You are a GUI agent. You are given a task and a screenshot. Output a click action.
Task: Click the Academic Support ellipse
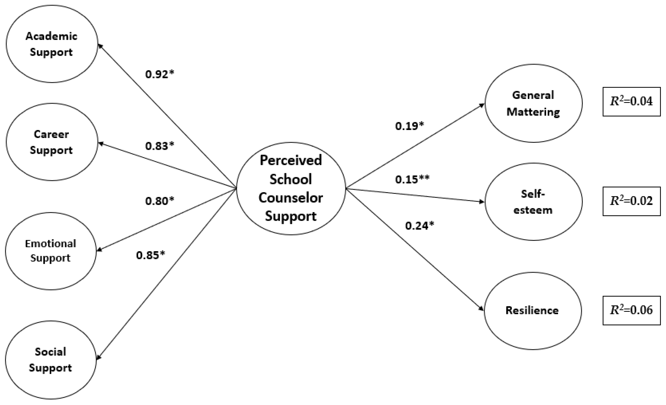pos(52,44)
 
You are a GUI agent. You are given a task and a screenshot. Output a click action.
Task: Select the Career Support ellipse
pos(52,142)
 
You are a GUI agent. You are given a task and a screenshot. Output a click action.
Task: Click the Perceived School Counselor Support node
pos(291,188)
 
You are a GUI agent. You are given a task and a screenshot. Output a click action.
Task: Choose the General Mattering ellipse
pos(533,103)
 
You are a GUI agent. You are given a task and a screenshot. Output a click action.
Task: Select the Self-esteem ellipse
pos(533,202)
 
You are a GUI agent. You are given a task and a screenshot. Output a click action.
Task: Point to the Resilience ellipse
pos(532,311)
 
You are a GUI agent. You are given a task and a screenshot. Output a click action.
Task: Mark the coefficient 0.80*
pos(160,201)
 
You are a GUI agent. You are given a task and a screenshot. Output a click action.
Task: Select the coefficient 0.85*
pos(150,255)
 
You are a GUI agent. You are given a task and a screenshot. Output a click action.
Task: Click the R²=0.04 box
pos(631,102)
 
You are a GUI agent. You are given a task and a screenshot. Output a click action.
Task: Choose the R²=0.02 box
pos(631,201)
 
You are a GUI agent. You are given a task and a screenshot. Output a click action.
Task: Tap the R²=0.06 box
pos(631,310)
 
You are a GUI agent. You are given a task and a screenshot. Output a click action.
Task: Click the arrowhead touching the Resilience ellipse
pos(481,309)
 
